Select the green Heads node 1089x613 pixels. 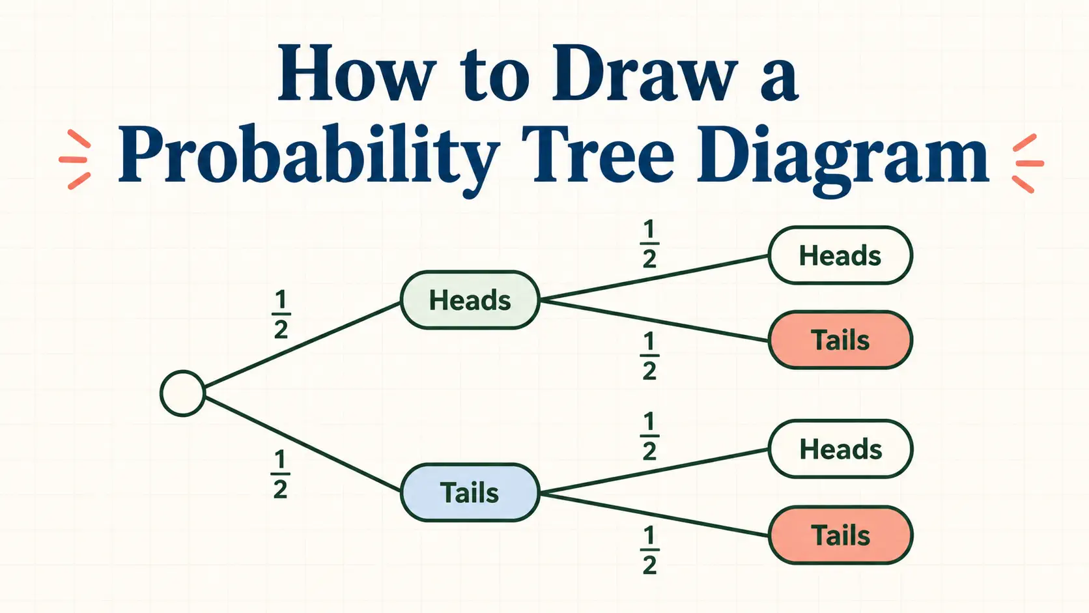(470, 300)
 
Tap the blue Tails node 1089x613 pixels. (470, 492)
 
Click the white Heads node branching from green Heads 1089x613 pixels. (841, 255)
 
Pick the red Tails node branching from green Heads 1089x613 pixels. (841, 340)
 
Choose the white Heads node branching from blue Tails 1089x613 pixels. (841, 449)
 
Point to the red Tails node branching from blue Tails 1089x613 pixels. (841, 535)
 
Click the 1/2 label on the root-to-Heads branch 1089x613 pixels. (281, 315)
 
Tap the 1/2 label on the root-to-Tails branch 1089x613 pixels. (281, 474)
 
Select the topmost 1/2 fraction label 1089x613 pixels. (649, 244)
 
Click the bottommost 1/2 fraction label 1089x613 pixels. (649, 550)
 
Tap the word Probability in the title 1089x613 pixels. (309, 158)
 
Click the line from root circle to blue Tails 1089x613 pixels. (302, 444)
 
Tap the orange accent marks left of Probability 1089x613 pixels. (76, 160)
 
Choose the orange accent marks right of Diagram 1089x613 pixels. (1028, 164)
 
